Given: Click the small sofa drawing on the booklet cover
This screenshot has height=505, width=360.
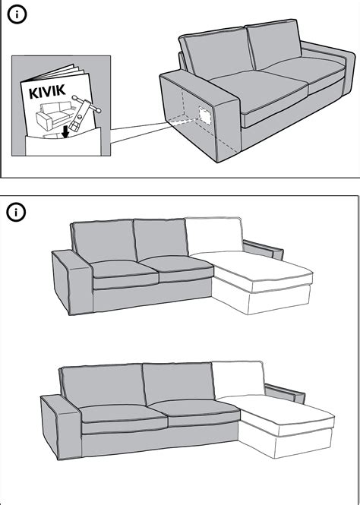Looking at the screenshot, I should coord(52,115).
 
